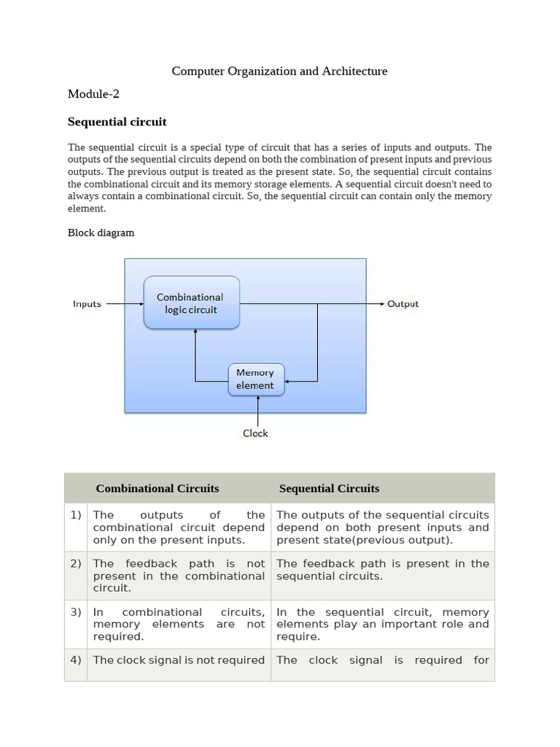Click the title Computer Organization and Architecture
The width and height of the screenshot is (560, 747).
coord(279,71)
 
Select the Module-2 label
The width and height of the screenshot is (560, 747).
coord(93,94)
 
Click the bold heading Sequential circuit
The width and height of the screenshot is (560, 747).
coord(117,122)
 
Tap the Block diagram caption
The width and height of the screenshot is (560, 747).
coord(101,233)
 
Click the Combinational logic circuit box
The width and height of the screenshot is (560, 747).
coord(191,303)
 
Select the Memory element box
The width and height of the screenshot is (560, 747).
coord(256,379)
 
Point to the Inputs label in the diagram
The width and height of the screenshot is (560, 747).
coord(87,303)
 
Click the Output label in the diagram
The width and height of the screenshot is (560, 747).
coord(402,303)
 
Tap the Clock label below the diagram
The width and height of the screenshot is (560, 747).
coord(255,433)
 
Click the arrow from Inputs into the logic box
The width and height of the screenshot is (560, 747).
coord(124,303)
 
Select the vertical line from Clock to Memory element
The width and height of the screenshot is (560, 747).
coord(257,411)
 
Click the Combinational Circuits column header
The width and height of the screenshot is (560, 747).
coord(157,489)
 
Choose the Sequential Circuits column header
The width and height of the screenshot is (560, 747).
coord(329,489)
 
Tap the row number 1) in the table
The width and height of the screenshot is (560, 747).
coord(76,515)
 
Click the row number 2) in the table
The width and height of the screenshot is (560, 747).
coord(76,564)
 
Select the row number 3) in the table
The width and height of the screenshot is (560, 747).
coord(76,612)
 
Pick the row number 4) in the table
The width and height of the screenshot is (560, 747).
coord(76,660)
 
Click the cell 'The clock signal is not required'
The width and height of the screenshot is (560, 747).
coord(179,660)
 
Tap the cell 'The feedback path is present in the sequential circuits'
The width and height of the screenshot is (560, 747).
coord(382,570)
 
